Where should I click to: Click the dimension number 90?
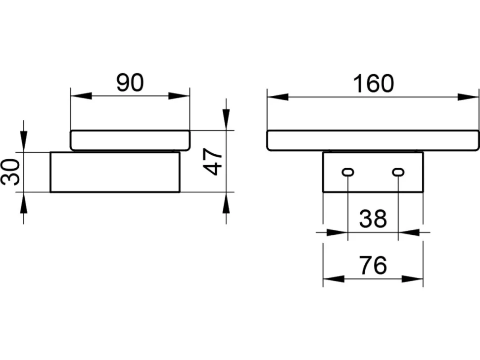point(130,83)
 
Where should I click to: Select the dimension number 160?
point(374,84)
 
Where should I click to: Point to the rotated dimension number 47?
point(213,162)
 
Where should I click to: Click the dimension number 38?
point(373,219)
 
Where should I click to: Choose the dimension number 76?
point(373,266)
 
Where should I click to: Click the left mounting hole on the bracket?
point(348,172)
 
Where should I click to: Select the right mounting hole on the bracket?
point(398,172)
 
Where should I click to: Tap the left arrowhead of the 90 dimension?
point(81,96)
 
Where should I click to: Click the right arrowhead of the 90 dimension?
point(179,96)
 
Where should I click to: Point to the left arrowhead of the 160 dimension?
point(278,97)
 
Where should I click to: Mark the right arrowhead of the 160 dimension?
point(468,97)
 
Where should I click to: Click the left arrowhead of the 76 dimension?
point(334,278)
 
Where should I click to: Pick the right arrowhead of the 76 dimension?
point(412,278)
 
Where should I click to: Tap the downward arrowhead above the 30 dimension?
point(24,141)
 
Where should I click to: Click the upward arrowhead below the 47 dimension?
point(226,203)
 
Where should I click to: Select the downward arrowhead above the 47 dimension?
point(226,120)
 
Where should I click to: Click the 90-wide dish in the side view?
point(130,140)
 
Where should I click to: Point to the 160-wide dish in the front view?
point(373,140)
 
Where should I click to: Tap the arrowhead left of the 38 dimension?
point(337,232)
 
